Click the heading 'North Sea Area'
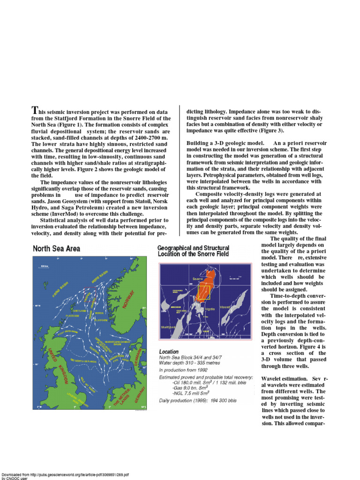(56, 248)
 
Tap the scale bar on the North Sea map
(45, 266)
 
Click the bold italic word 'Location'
(169, 351)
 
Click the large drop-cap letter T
(34, 111)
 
